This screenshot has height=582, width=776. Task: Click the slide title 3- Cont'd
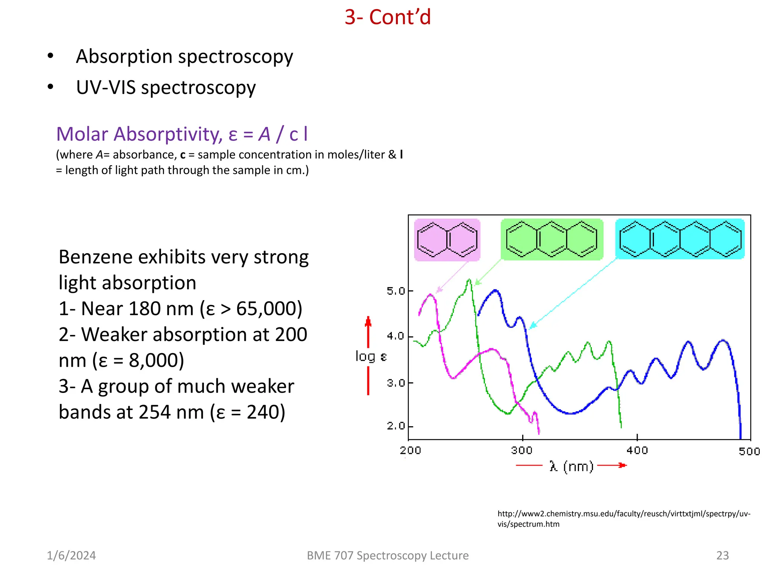pyautogui.click(x=388, y=17)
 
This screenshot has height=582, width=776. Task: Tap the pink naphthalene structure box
pyautogui.click(x=447, y=239)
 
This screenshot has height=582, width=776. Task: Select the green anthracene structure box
pyautogui.click(x=552, y=239)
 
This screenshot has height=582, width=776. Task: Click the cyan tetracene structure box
pyautogui.click(x=680, y=239)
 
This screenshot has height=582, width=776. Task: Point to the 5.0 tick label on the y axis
pyautogui.click(x=395, y=291)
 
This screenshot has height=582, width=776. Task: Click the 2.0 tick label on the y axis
pyautogui.click(x=395, y=426)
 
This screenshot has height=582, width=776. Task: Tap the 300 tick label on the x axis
pyautogui.click(x=522, y=450)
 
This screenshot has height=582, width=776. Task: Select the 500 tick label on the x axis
pyautogui.click(x=749, y=451)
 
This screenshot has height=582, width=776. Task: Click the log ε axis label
pyautogui.click(x=371, y=357)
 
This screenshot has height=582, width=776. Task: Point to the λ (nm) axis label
pyautogui.click(x=571, y=466)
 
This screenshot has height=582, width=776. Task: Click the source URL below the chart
pyautogui.click(x=624, y=519)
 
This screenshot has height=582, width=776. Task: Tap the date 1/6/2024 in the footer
pyautogui.click(x=71, y=555)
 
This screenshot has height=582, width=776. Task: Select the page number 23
pyautogui.click(x=722, y=555)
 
